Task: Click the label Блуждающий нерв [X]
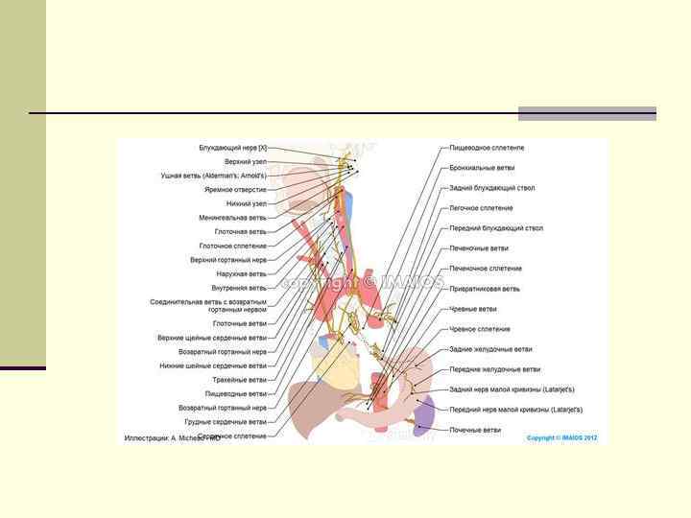pos(233,148)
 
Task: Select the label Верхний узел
pos(246,162)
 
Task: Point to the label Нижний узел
pos(247,203)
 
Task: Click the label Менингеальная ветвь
pos(233,218)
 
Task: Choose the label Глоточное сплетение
pos(233,246)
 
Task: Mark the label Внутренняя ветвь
pos(239,288)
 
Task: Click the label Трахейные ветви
pos(240,379)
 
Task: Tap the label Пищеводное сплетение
pos(487,148)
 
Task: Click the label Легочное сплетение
pos(481,207)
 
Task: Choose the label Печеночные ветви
pos(479,247)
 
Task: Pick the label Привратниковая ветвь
pos(485,288)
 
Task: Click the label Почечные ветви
pos(475,430)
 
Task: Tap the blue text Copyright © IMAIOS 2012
pos(561,437)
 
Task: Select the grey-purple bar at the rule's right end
pos(587,113)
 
